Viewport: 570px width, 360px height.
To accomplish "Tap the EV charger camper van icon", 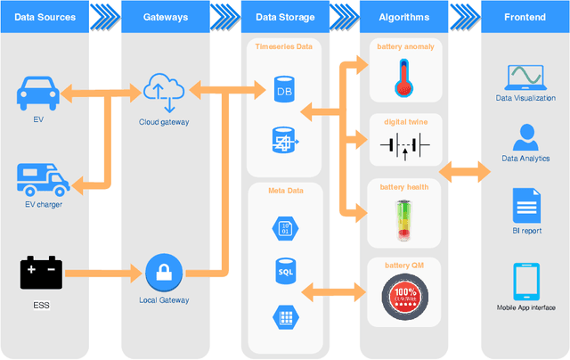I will click(x=43, y=179).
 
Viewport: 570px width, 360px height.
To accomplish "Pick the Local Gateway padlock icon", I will click(x=163, y=271).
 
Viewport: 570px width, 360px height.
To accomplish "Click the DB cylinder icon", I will click(x=283, y=89).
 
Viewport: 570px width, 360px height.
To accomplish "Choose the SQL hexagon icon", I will click(x=284, y=270).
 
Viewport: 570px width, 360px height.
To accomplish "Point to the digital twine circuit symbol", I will click(x=405, y=143).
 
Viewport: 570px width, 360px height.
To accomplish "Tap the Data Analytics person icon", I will click(x=525, y=138).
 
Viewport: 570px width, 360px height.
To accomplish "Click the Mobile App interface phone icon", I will click(x=525, y=282).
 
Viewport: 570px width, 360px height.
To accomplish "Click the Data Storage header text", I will click(x=285, y=16).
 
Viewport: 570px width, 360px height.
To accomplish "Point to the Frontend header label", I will click(x=525, y=16).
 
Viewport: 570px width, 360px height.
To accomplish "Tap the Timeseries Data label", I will click(x=284, y=45).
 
